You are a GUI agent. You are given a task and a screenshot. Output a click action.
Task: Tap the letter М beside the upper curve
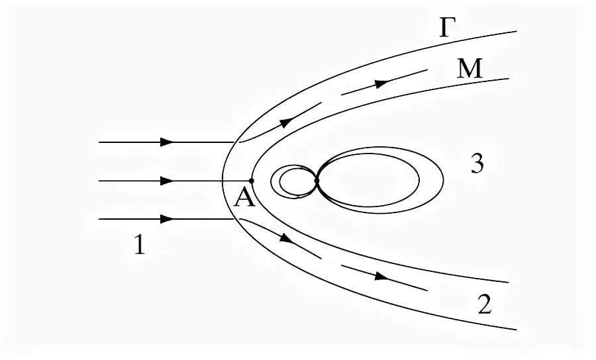[470, 68]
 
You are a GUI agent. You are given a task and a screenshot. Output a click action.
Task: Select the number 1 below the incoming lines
[138, 246]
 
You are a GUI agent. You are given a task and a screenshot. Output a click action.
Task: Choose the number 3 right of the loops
[477, 164]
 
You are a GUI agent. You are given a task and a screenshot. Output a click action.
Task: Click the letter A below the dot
[244, 197]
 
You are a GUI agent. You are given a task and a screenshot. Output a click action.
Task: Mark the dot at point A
[251, 180]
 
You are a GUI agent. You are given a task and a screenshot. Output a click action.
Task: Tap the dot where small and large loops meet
[317, 180]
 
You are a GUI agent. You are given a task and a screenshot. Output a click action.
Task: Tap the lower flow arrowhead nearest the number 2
[380, 276]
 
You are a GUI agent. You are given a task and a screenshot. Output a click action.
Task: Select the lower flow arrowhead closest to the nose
[285, 237]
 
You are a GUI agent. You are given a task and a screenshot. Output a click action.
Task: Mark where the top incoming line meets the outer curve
[234, 142]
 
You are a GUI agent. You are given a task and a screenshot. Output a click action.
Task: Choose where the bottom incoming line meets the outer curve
[234, 218]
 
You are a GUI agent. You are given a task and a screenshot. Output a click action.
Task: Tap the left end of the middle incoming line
[99, 180]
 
